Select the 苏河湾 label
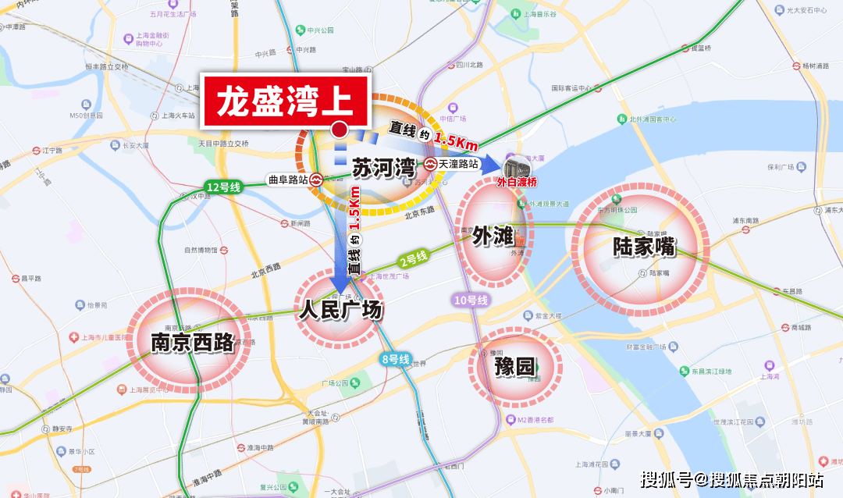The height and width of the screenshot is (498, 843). pos(382,169)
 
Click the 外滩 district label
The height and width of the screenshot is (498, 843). pos(493,236)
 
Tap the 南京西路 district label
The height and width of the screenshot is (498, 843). pos(193,342)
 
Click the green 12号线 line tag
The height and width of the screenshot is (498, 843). pos(224,187)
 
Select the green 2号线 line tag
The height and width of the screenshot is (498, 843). pos(414,258)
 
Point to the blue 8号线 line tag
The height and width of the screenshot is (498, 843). pos(396,359)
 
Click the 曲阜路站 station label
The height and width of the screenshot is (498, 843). pos(287,179)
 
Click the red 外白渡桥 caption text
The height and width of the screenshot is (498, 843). pos(518,184)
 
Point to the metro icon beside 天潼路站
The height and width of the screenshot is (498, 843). pos(430,164)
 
